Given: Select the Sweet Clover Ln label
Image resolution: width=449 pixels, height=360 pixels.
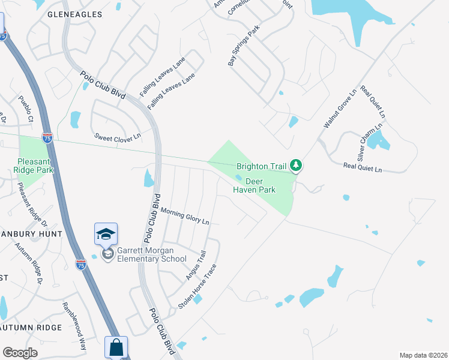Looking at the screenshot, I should pos(117,137).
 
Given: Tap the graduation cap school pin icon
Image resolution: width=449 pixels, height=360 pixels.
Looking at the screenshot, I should pos(106,234).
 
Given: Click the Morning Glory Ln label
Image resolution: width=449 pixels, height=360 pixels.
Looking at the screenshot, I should pos(185,216).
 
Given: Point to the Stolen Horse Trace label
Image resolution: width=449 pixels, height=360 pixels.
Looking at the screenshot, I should pos(196,286).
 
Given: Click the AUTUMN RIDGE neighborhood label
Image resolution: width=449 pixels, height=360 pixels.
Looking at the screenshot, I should pos(31,328).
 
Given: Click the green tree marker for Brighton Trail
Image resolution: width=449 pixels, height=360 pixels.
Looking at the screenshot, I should pos(295,164).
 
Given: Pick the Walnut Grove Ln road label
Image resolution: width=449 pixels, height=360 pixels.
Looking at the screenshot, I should pos(340,108).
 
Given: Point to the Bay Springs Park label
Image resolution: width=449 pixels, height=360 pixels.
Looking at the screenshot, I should pos(244,45).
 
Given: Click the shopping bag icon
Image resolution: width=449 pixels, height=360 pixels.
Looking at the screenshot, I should pos(116,347).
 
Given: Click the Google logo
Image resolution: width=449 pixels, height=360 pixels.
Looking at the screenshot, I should pos(20,353).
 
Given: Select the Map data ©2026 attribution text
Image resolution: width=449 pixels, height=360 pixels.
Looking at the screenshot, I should pos(423,355).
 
